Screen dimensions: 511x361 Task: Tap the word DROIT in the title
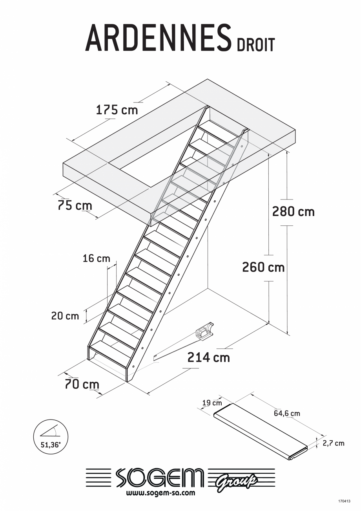click(255, 45)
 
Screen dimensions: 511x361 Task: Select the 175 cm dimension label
click(117, 110)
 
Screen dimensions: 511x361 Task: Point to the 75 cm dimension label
click(75, 205)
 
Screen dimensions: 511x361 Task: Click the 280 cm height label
click(293, 212)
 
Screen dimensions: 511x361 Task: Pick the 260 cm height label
click(263, 267)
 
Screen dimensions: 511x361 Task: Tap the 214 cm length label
click(208, 357)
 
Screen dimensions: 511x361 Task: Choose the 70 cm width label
click(82, 384)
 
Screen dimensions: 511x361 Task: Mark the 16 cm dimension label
click(97, 258)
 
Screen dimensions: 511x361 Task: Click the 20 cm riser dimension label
click(65, 316)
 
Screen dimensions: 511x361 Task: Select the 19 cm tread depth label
click(212, 403)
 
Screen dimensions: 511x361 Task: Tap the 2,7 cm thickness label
click(333, 443)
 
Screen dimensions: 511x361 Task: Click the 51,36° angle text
click(51, 445)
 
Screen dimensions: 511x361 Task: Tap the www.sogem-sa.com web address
click(160, 493)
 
